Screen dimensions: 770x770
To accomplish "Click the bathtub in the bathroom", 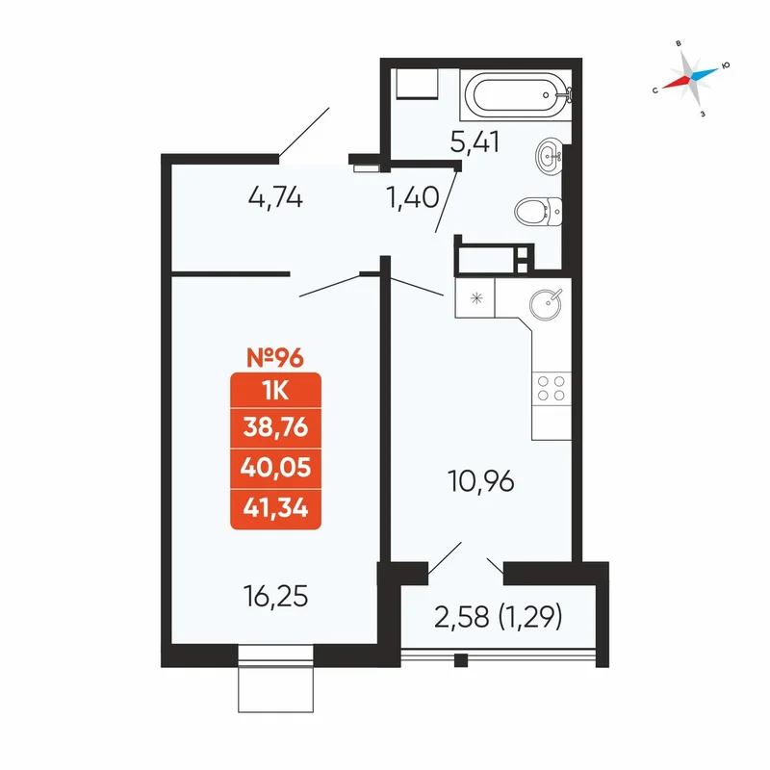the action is point(516,94).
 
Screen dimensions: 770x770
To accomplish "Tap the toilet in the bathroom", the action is point(538,211).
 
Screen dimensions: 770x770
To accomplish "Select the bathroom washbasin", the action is point(549,156).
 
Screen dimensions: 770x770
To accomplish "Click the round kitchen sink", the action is point(546,303).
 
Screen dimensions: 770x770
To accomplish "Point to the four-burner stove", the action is point(551,388).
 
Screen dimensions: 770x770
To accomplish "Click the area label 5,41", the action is point(475,141).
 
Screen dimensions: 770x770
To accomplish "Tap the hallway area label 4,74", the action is point(275,198).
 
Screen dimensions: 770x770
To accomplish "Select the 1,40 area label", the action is point(413,197).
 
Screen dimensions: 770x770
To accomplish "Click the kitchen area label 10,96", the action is point(481,481).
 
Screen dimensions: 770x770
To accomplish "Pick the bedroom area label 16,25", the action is point(275,597).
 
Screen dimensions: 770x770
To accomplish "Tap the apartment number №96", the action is point(275,357).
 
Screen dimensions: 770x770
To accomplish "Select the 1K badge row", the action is point(275,391).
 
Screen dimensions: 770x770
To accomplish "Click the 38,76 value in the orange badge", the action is point(275,427).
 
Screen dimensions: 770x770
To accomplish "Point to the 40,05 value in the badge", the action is point(275,467).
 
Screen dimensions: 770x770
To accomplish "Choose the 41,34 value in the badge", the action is point(275,508).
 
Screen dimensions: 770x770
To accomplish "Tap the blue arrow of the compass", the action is point(705,73).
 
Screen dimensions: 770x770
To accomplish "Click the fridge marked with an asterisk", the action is point(475,298).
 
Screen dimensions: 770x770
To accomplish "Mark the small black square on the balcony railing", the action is point(461,660).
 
